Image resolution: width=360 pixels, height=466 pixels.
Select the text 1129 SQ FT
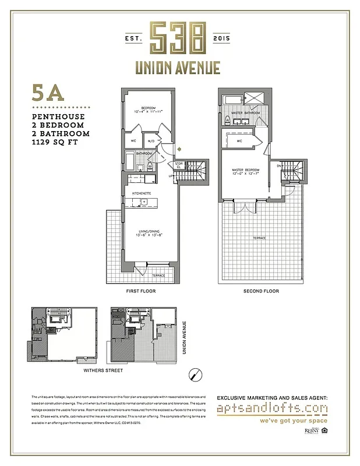pos(56,142)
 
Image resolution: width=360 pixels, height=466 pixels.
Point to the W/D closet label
pos(150,141)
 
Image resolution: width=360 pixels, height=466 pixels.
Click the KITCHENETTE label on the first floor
pos(142,192)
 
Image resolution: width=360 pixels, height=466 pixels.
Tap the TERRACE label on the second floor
pos(259,238)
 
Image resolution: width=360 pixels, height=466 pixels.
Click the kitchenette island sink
pos(146,203)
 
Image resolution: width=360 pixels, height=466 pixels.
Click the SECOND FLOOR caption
pos(259,291)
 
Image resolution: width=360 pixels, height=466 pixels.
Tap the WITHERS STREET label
pos(102,370)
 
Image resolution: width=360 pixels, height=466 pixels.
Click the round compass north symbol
pos(196,373)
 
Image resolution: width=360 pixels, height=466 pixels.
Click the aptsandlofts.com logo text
pos(271,409)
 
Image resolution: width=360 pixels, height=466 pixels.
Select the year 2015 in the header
pos(222,38)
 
